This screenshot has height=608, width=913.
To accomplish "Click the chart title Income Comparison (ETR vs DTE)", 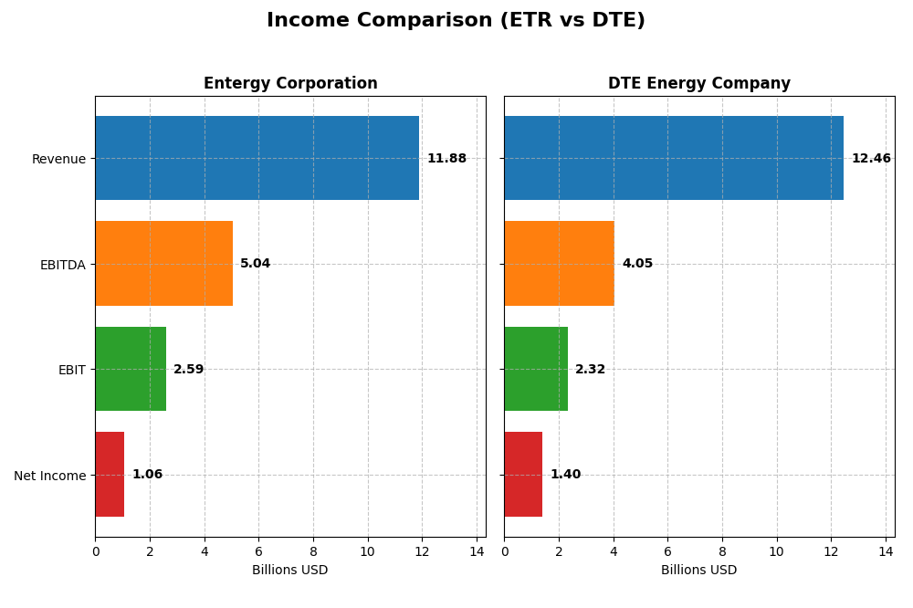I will point(456,20).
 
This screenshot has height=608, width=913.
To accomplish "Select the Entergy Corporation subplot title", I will point(290,84).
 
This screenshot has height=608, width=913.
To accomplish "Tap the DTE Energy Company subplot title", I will point(698,84).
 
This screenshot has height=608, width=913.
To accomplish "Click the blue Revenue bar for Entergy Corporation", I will point(257,158).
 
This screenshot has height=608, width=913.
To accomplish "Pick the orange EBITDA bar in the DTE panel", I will point(559,263).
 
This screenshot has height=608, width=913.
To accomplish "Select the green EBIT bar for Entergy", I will point(131,369).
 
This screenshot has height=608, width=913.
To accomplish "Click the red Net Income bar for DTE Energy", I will point(523,474).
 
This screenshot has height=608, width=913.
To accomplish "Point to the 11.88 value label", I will point(446,159).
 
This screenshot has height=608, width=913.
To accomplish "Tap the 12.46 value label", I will point(871,159).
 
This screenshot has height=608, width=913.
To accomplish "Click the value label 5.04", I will point(255,264).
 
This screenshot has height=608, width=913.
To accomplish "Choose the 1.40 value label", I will point(565,475).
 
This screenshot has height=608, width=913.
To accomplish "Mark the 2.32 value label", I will point(590,370).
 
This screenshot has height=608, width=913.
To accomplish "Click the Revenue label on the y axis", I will point(58,159).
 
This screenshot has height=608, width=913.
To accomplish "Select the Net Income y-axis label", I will point(50,476).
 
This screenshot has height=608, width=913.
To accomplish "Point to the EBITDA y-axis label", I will point(62,265).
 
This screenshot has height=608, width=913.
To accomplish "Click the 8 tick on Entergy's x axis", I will point(313,551).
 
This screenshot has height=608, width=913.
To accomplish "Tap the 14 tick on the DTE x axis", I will point(886,551).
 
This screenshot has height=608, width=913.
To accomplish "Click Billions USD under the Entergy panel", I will point(290,570).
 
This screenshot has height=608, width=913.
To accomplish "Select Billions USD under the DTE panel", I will point(698,570).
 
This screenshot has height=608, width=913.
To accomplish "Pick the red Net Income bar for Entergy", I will point(110,474).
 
